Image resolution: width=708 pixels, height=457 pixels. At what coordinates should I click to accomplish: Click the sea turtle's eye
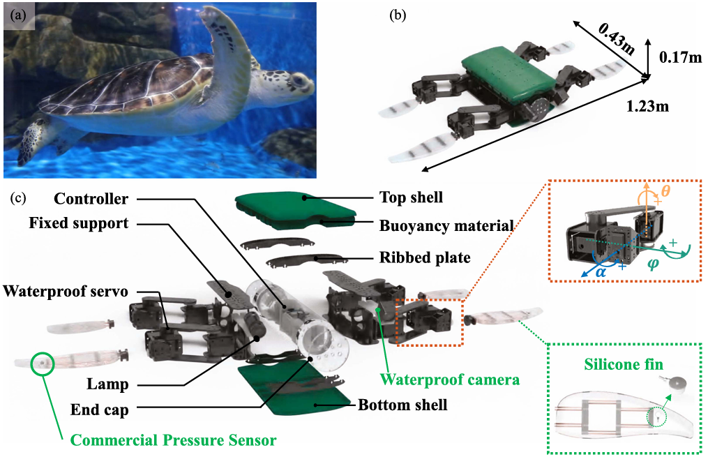pos(298,82)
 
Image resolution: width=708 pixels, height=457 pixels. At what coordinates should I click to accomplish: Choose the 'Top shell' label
pos(411,197)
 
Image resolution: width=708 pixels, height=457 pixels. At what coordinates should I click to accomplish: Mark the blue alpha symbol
pos(600,271)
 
